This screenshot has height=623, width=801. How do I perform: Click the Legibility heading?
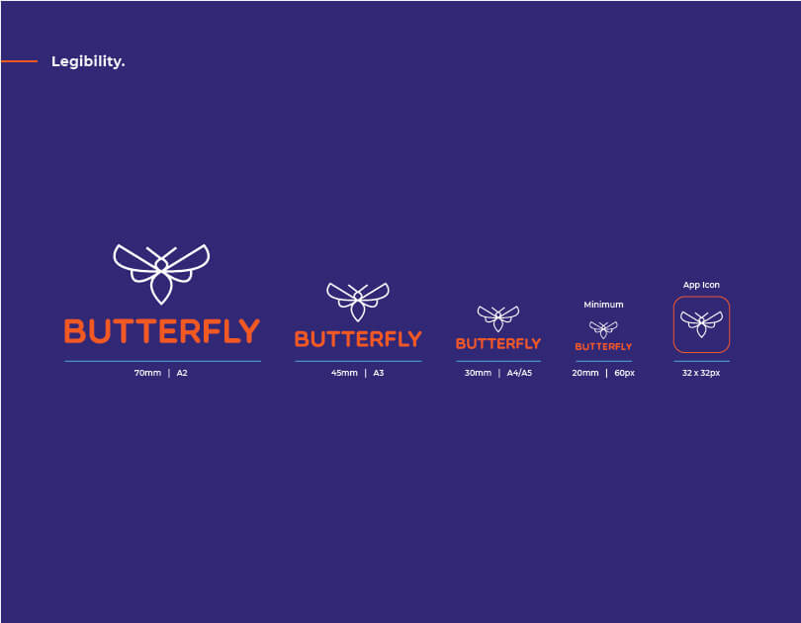(x=88, y=61)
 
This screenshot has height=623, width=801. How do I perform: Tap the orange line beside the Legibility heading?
(x=19, y=61)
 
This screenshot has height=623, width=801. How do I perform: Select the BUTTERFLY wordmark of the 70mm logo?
(x=162, y=331)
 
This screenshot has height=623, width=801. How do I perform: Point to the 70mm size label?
(x=147, y=373)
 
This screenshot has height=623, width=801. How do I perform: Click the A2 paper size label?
(x=182, y=373)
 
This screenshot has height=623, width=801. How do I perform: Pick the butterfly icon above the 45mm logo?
(x=358, y=302)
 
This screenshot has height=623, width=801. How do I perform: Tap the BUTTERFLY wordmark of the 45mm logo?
(x=358, y=339)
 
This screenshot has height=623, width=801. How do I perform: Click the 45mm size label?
(x=344, y=373)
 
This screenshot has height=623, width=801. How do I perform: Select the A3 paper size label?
(x=379, y=373)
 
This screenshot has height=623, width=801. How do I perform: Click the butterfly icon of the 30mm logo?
(x=498, y=318)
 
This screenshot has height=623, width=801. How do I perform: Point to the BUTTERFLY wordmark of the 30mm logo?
(x=498, y=344)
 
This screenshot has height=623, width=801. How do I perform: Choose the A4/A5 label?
(x=519, y=373)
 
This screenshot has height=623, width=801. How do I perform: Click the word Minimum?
(x=603, y=305)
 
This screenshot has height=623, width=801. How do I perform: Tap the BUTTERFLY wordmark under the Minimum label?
(x=603, y=347)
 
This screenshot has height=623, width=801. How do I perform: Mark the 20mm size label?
(x=585, y=373)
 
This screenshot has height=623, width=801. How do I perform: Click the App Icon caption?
(x=701, y=285)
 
